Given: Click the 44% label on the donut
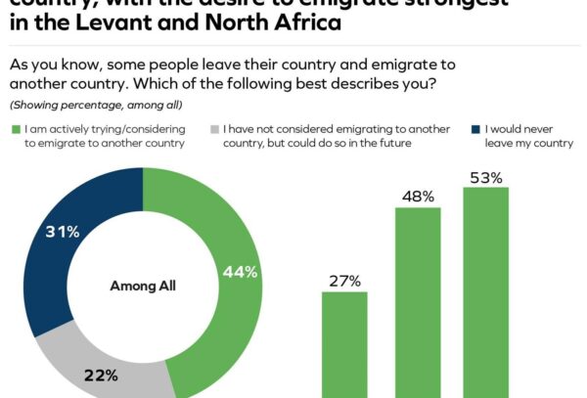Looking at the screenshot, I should pos(241,273).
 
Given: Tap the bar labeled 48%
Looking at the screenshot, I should pos(418,302).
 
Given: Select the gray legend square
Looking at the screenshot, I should pos(213,128).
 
